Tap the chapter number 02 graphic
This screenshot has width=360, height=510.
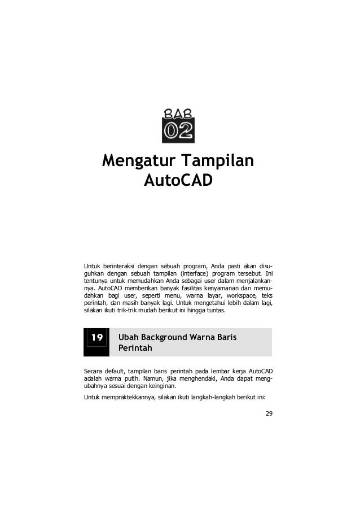click(178, 130)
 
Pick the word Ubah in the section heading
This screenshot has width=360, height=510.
click(129, 338)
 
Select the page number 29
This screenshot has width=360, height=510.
click(268, 414)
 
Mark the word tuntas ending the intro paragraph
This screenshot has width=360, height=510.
click(215, 310)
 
